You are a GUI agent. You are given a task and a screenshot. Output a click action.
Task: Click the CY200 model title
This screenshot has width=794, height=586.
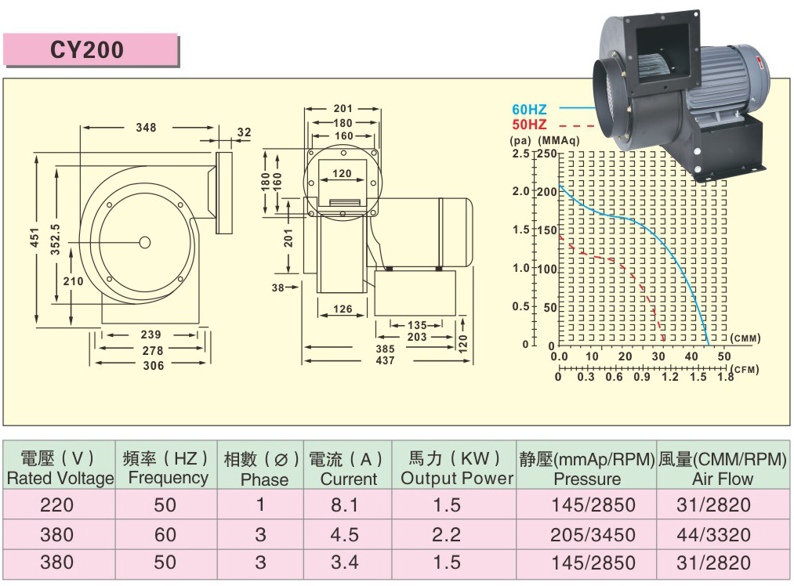coord(86,49)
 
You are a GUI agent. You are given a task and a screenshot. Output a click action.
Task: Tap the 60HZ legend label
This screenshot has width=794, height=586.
coord(529,110)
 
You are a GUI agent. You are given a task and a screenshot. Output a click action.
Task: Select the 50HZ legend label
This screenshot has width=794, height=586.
coord(529,125)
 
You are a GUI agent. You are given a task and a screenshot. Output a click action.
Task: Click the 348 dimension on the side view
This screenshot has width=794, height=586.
coord(146,128)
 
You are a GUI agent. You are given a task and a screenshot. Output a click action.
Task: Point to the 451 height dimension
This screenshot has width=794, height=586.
coord(34,238)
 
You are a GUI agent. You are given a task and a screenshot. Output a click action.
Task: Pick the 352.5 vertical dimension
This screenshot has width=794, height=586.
coord(55,240)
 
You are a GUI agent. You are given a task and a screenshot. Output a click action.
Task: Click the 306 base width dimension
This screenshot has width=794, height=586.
coord(154,365)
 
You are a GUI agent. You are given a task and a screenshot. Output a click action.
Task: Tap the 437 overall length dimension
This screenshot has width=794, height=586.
coord(385,360)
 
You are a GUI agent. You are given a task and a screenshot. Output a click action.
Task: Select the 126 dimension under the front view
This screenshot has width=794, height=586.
coord(343,309)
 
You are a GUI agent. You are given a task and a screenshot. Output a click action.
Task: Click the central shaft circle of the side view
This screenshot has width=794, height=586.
coord(145,243)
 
